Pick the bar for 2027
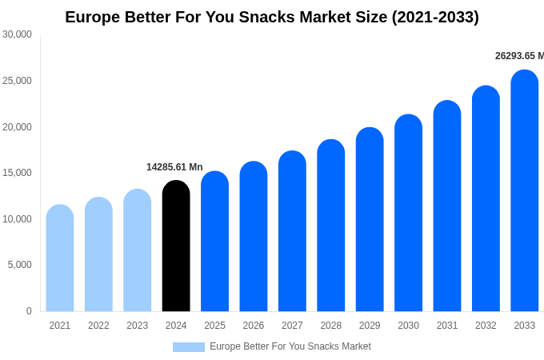click(x=292, y=231)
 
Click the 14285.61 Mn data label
click(x=174, y=167)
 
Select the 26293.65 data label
click(x=518, y=56)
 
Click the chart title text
click(x=272, y=17)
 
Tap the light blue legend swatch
click(x=189, y=346)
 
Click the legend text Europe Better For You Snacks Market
click(x=290, y=346)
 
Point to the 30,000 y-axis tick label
click(x=17, y=34)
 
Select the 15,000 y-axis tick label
click(x=17, y=173)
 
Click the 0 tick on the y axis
click(x=29, y=311)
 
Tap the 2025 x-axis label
click(x=214, y=326)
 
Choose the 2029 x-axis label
click(x=370, y=326)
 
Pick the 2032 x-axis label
click(x=486, y=326)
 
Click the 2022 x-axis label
click(x=98, y=326)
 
